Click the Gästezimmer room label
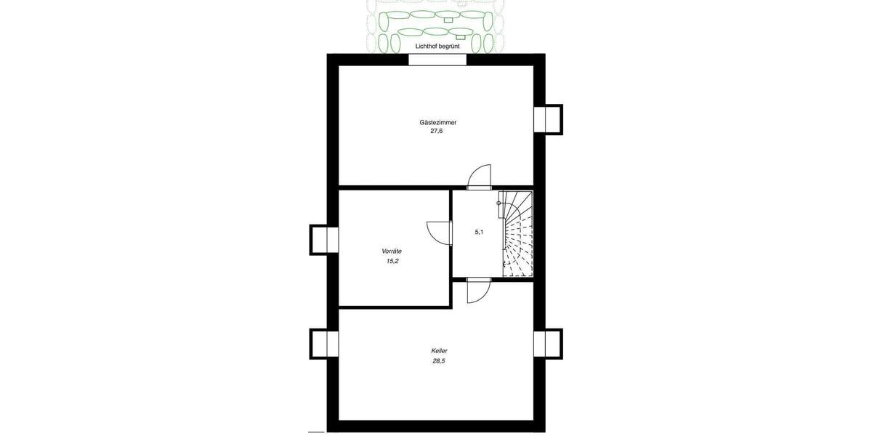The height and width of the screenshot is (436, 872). point(437,122)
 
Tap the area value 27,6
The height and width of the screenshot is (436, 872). point(437,132)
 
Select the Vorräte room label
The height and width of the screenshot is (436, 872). point(392,251)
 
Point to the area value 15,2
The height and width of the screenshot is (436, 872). point(392,260)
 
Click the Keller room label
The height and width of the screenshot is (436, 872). point(439,350)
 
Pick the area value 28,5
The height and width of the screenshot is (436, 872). point(437,360)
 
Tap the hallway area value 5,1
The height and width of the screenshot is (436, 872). point(479,232)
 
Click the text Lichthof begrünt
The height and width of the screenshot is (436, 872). point(437,46)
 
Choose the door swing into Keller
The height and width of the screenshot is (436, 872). point(479,291)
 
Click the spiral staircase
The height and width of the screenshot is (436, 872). point(517,234)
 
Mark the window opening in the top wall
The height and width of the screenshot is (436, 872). point(437,60)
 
